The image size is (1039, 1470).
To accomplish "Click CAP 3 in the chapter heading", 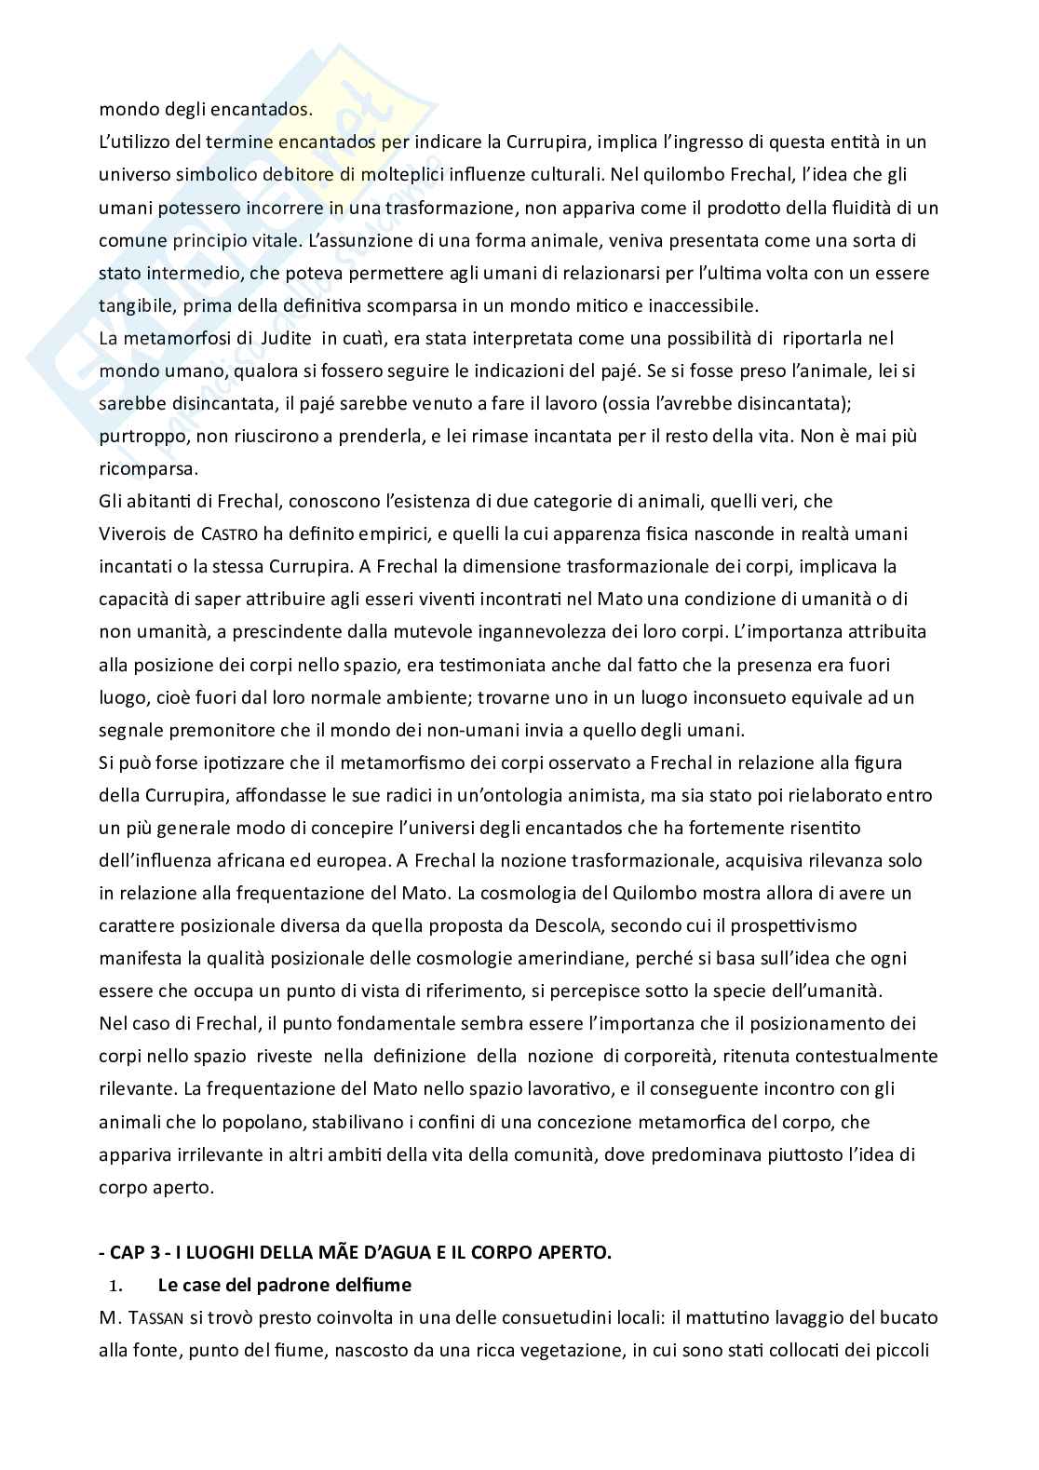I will pos(136,1253).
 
